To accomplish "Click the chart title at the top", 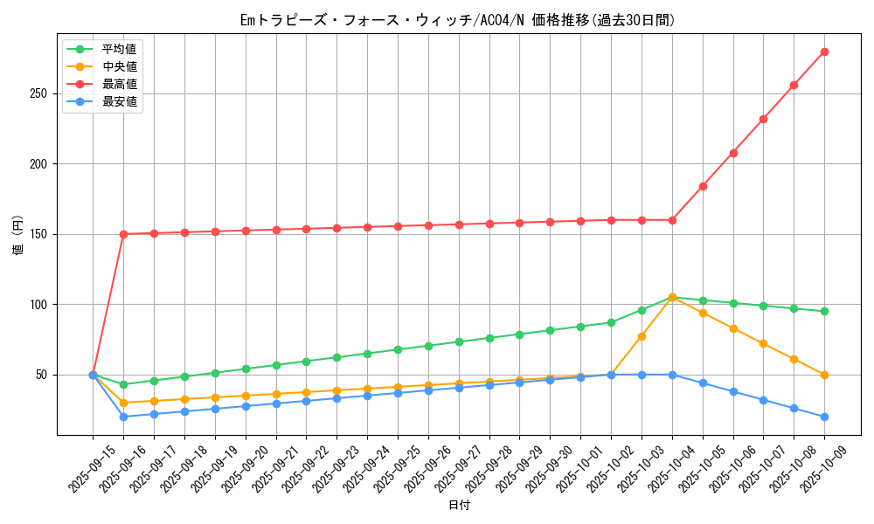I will pos(457,20).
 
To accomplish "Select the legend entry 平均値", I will pos(119,49).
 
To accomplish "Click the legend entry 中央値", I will pos(119,66).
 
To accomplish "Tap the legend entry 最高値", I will pos(119,84).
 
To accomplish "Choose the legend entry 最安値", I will pos(119,101).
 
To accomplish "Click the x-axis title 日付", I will pos(459,506).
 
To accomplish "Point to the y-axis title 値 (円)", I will pos(18,236).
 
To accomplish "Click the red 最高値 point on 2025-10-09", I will pos(824,52).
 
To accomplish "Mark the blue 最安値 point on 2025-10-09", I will pos(824,417).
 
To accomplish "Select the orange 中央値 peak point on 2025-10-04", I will pos(672,297).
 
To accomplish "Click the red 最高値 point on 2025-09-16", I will pos(123,234).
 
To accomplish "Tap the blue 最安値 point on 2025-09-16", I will pos(123,417).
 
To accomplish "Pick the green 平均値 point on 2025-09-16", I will pos(123,384).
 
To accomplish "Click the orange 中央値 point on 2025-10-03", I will pos(642,336).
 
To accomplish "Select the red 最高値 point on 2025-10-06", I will pos(733,153).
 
